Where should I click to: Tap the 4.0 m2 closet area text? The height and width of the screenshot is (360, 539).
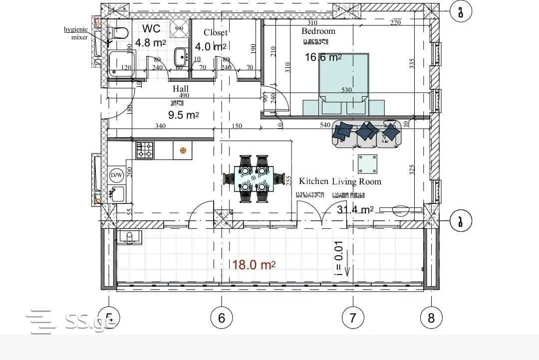pos(210,47)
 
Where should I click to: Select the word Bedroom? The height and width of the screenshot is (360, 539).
pos(318,31)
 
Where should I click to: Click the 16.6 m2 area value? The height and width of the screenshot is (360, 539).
pos(323,57)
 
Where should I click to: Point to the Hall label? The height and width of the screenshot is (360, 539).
pos(181,89)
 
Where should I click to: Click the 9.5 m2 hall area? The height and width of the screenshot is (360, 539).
pos(183,115)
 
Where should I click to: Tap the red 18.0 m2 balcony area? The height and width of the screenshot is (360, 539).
pos(254,265)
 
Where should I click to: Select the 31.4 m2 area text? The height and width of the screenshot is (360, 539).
pos(355,209)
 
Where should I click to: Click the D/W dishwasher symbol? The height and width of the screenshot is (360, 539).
pos(116,176)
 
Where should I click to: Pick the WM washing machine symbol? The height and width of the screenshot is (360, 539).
pos(179,28)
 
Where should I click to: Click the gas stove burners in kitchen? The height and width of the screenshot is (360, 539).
pos(145,150)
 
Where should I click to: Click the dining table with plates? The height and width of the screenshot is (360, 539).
pos(254,178)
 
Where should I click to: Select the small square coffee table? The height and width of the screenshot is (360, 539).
pos(368,163)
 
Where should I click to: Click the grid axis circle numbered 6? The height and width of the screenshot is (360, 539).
pos(222,318)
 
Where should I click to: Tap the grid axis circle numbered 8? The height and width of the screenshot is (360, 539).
pos(431,318)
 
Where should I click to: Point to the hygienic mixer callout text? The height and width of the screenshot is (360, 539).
pos(76,33)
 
